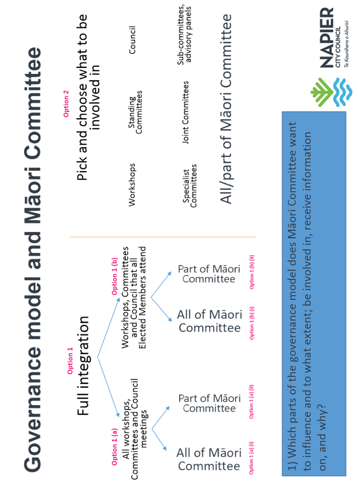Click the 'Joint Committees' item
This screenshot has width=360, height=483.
coord(186,113)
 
